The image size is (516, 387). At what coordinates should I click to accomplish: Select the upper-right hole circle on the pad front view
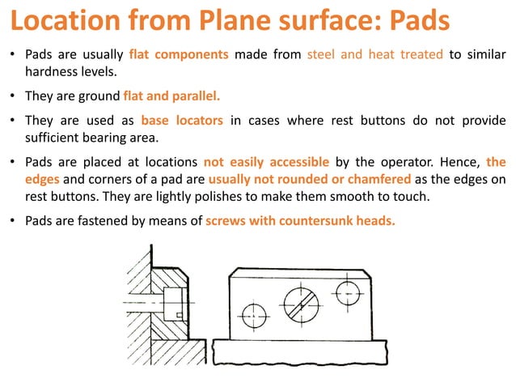348,289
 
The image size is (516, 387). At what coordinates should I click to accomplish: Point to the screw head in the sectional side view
171,303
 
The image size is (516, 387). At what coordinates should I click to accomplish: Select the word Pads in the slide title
415,20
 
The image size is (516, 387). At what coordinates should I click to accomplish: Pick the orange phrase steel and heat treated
375,55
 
